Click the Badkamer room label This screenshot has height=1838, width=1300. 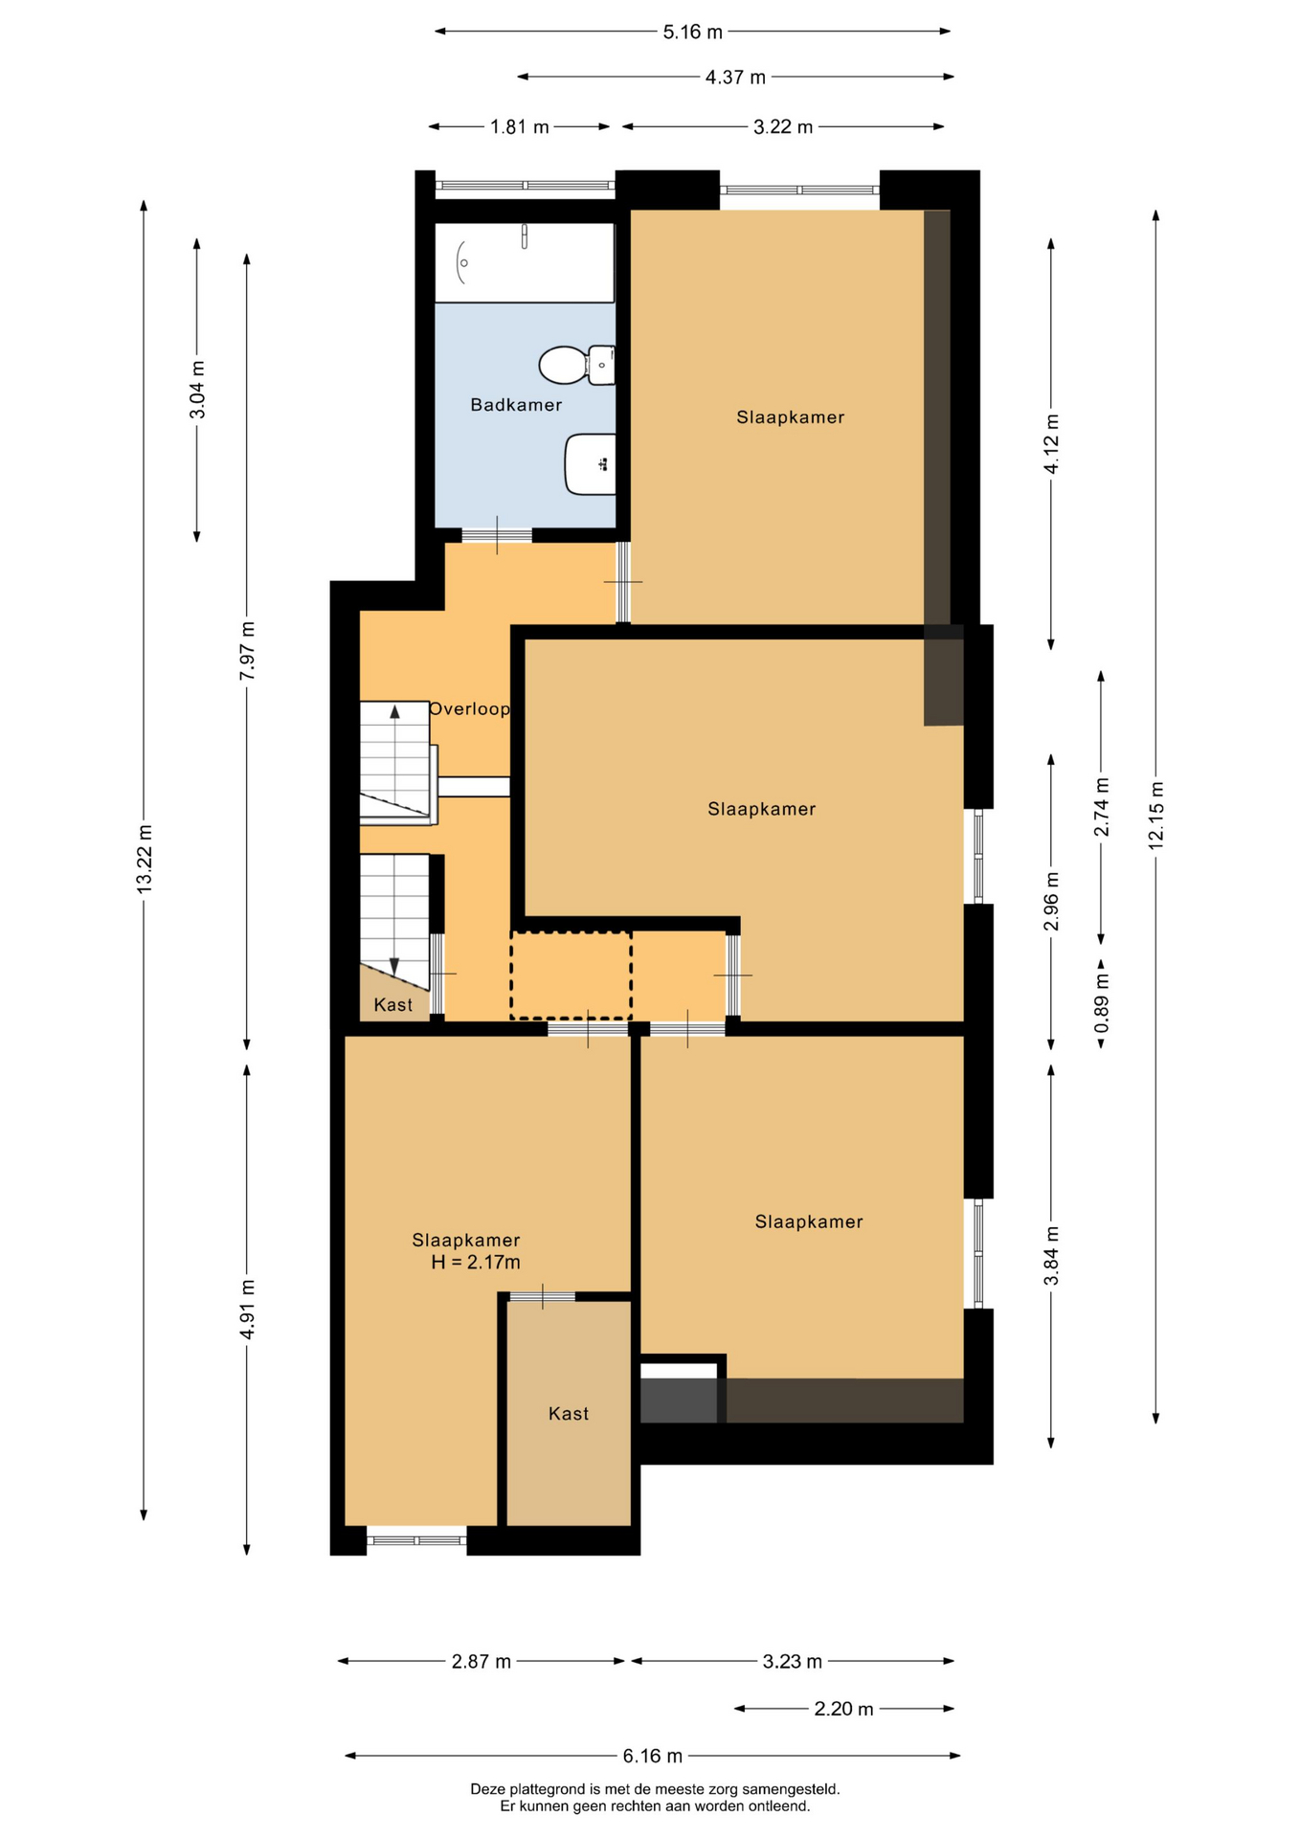516,405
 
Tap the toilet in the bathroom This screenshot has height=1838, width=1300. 576,365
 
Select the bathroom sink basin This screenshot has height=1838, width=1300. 590,464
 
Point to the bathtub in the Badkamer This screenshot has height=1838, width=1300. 525,262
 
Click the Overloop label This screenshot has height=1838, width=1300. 469,709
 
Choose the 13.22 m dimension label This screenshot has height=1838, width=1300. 145,860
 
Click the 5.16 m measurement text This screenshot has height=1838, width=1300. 693,32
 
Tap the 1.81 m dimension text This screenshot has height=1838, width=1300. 520,126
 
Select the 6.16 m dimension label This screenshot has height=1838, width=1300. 653,1756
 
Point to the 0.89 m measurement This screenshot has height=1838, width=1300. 1102,1003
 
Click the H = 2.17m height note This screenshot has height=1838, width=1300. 476,1263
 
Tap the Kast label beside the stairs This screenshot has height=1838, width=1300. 393,1005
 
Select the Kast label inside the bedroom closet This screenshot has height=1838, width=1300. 569,1414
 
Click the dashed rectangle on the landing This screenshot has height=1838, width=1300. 571,975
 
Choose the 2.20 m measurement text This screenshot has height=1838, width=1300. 844,1709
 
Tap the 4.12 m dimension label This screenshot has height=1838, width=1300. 1052,444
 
